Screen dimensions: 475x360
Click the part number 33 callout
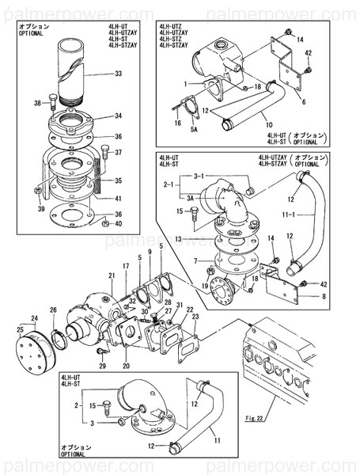(x=118, y=74)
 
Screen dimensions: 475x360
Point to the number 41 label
(x=118, y=198)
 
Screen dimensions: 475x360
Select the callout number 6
(x=304, y=102)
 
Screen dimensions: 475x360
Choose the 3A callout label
(x=191, y=198)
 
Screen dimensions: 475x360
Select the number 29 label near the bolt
(x=102, y=366)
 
